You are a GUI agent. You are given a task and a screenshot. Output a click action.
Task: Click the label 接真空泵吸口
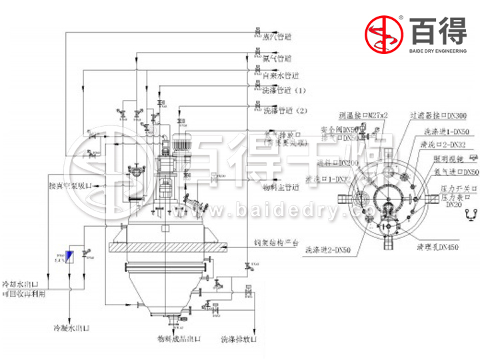pos(75,187)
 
